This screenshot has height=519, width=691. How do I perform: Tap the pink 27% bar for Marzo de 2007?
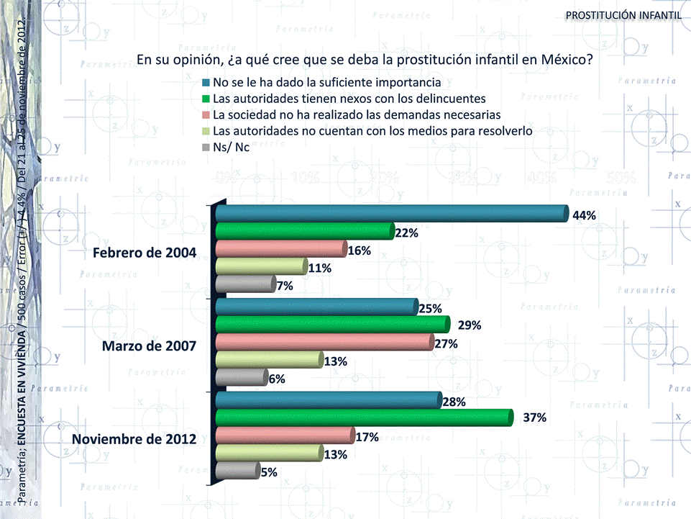pos(324,343)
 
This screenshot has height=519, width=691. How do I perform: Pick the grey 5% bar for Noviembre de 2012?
pos(237,471)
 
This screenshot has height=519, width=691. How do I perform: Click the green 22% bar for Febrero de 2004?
pos(304,231)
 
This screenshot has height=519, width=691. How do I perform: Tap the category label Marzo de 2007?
pos(149,345)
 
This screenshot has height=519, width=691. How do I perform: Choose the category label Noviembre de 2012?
pos(134,437)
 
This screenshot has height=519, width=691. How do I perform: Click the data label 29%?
pos(470,325)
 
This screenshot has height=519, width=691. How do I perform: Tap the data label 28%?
pos(454,402)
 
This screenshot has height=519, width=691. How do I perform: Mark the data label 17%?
pos(367,436)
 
